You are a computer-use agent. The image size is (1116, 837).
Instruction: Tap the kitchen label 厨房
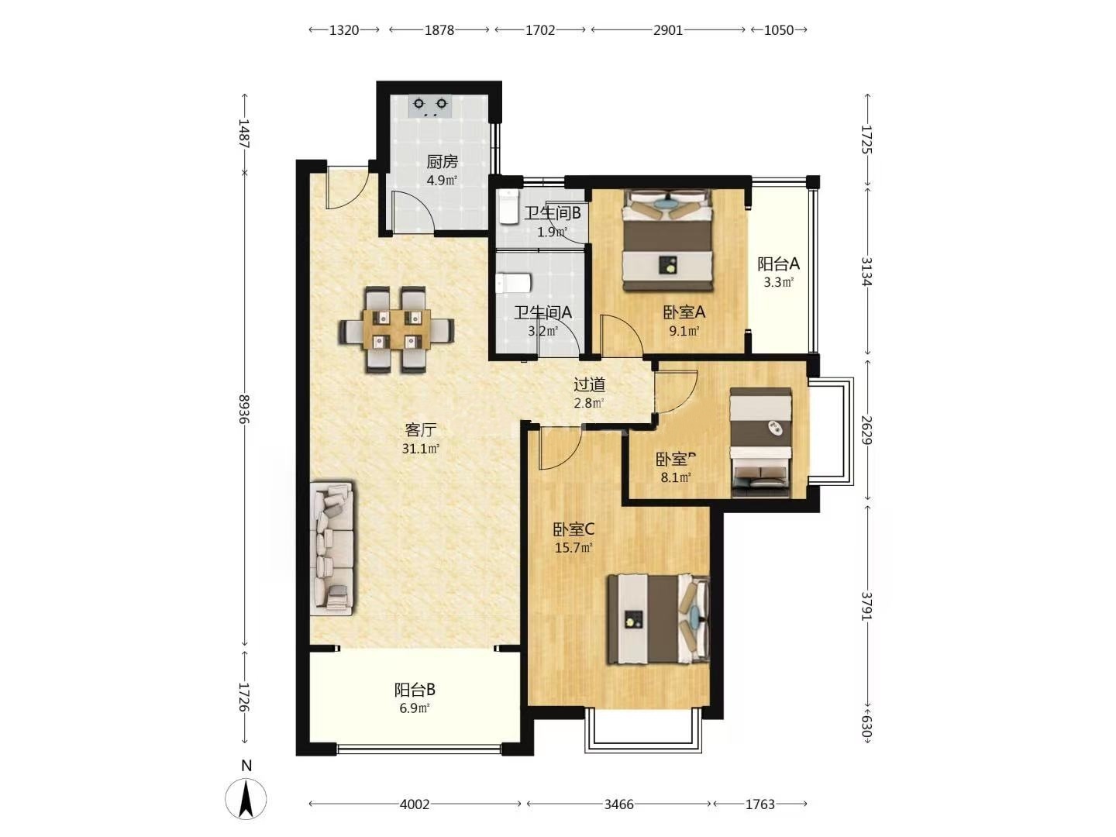coord(442,162)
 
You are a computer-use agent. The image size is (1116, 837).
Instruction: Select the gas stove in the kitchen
coord(430,105)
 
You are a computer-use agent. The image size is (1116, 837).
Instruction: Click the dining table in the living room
coord(396,330)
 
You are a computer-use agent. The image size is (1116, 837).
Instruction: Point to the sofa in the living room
coord(332,548)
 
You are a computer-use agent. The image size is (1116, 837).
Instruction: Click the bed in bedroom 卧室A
coord(667,241)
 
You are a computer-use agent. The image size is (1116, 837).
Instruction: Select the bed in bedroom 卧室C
coord(658,619)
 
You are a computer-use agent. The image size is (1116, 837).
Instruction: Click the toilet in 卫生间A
coord(512,284)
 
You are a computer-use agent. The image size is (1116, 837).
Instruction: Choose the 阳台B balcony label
coord(415,690)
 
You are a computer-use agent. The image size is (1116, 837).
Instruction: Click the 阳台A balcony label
coord(778,263)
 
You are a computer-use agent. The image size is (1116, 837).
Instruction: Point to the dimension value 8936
coord(244,408)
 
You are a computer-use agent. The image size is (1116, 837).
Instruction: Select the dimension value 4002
coord(415,804)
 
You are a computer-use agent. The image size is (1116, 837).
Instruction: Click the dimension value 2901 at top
coord(668,30)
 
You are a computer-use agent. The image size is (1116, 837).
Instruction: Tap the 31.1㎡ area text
coord(421,449)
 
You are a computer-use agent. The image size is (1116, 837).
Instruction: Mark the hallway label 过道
coord(589,384)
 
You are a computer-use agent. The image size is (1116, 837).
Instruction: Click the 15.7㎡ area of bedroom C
coord(573,548)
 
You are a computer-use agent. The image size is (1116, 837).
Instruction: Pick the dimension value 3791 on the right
coord(867,606)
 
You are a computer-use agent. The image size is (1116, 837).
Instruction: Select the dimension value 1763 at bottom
coord(760,804)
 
